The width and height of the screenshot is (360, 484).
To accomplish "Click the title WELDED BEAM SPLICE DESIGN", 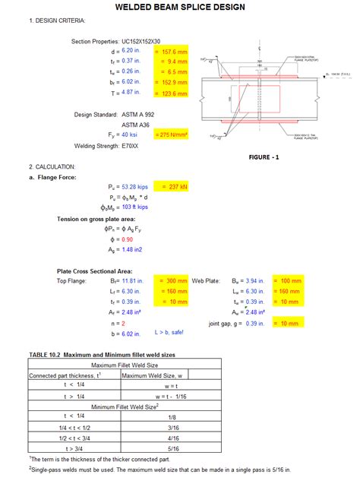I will click(180, 7).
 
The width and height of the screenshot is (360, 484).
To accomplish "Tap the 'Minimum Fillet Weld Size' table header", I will click(124, 406).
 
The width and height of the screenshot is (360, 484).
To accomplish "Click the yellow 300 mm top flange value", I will click(171, 280).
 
